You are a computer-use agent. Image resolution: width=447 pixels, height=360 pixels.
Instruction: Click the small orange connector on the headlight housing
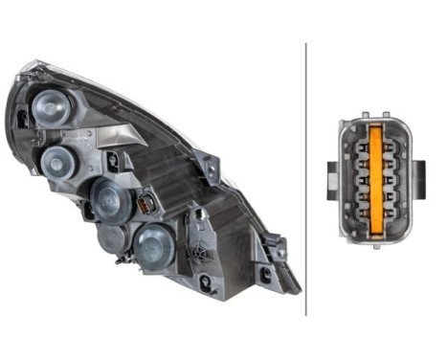click(x=145, y=205)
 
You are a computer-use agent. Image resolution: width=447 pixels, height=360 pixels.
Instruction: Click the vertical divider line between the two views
click(x=305, y=178)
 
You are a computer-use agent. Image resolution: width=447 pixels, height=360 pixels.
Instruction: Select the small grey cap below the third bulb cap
click(x=113, y=238)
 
